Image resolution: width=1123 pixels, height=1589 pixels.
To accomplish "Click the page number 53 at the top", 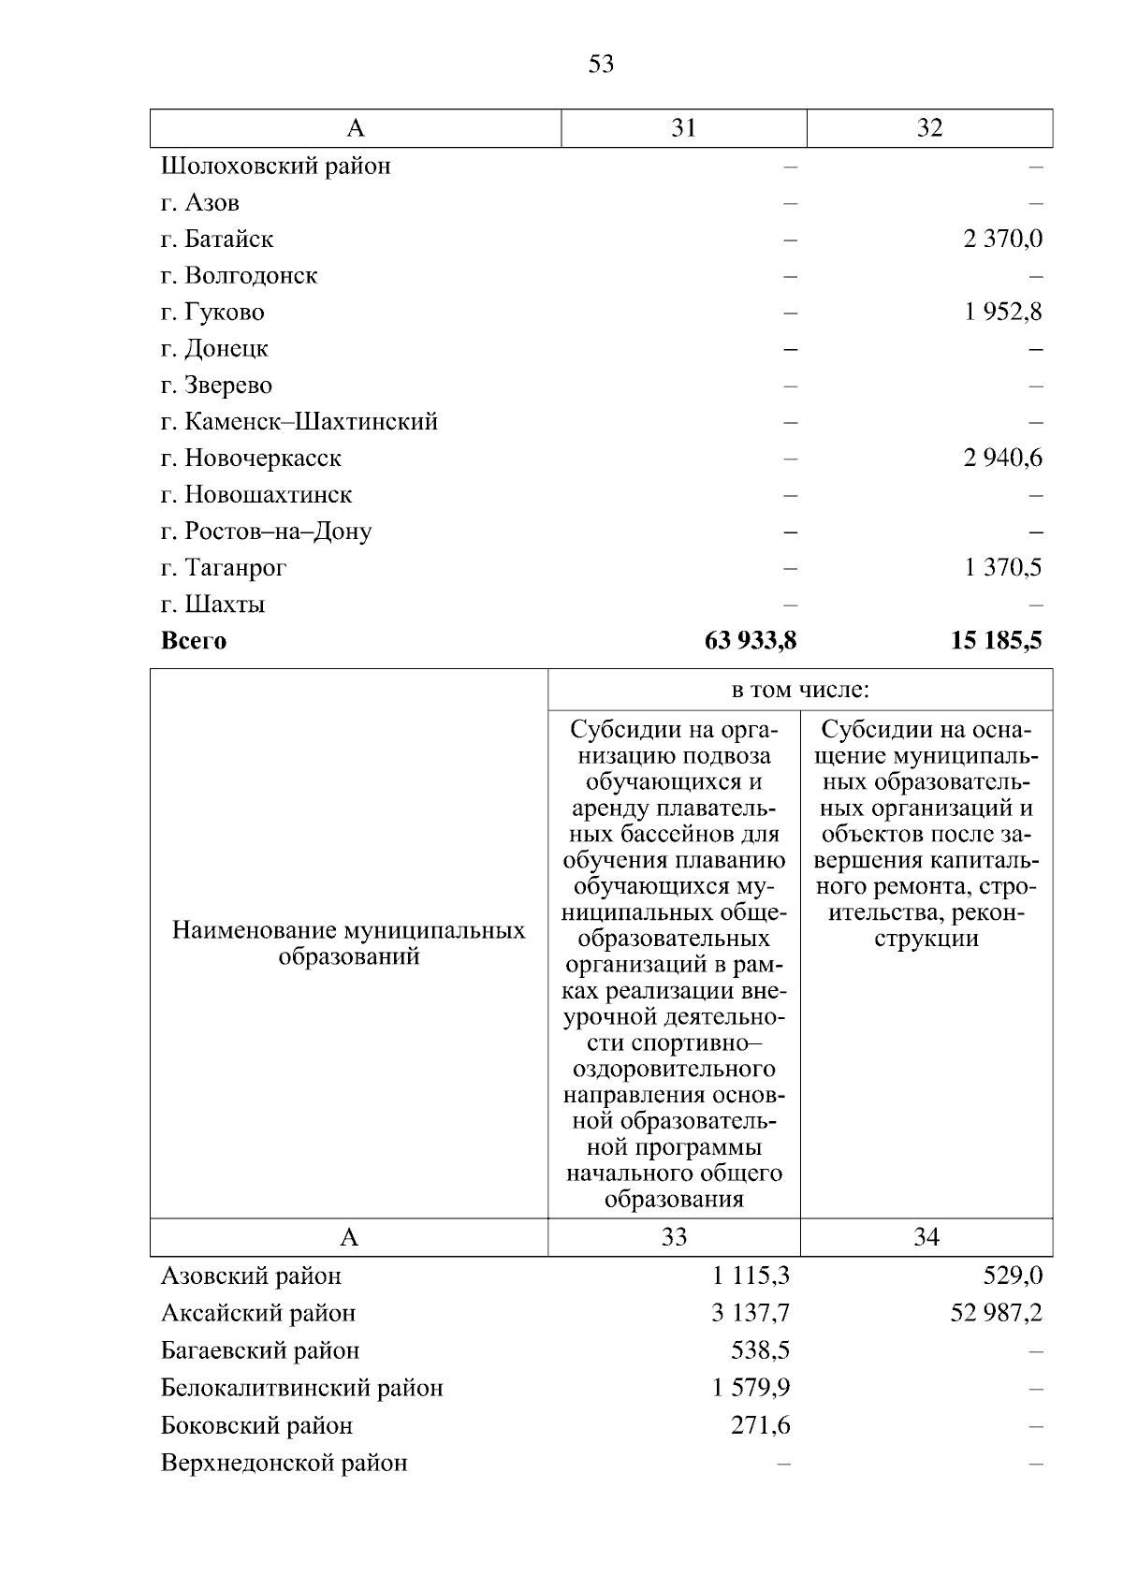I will (x=601, y=64).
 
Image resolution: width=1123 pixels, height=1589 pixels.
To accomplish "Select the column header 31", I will (x=684, y=128).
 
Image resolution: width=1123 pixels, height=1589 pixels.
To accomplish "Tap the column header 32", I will (x=929, y=128).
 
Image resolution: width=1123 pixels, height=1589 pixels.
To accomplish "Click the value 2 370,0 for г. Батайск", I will (x=1002, y=239).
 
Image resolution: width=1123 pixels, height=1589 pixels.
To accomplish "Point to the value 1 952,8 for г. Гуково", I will (x=1002, y=312).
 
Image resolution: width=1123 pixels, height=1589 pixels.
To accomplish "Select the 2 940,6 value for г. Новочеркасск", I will (x=1002, y=458).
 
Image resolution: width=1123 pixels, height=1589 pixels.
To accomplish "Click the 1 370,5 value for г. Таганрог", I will (x=1002, y=567).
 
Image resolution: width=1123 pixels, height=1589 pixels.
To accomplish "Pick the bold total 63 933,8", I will (x=750, y=641).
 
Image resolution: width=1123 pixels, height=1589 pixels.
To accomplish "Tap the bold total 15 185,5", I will (x=996, y=641).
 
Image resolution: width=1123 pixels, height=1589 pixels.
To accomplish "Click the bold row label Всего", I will (x=194, y=641).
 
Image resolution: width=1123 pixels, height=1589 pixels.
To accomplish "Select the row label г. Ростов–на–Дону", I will (x=266, y=532).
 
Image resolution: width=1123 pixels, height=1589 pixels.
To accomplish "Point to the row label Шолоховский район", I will (x=275, y=167).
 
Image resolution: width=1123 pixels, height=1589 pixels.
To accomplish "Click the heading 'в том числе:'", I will (x=800, y=691).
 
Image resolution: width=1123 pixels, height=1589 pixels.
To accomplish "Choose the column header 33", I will (x=674, y=1237).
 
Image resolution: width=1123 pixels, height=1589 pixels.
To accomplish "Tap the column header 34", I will (x=926, y=1237).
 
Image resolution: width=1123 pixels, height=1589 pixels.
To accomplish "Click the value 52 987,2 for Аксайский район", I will (x=996, y=1313).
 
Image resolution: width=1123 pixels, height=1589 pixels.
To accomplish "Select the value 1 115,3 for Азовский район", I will (x=751, y=1276).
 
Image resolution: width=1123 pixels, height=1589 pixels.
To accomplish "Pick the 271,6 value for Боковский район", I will (x=760, y=1425).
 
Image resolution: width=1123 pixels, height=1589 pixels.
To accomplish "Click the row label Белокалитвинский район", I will (x=301, y=1388).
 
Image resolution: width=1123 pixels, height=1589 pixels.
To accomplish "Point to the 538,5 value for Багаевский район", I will (x=760, y=1350).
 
